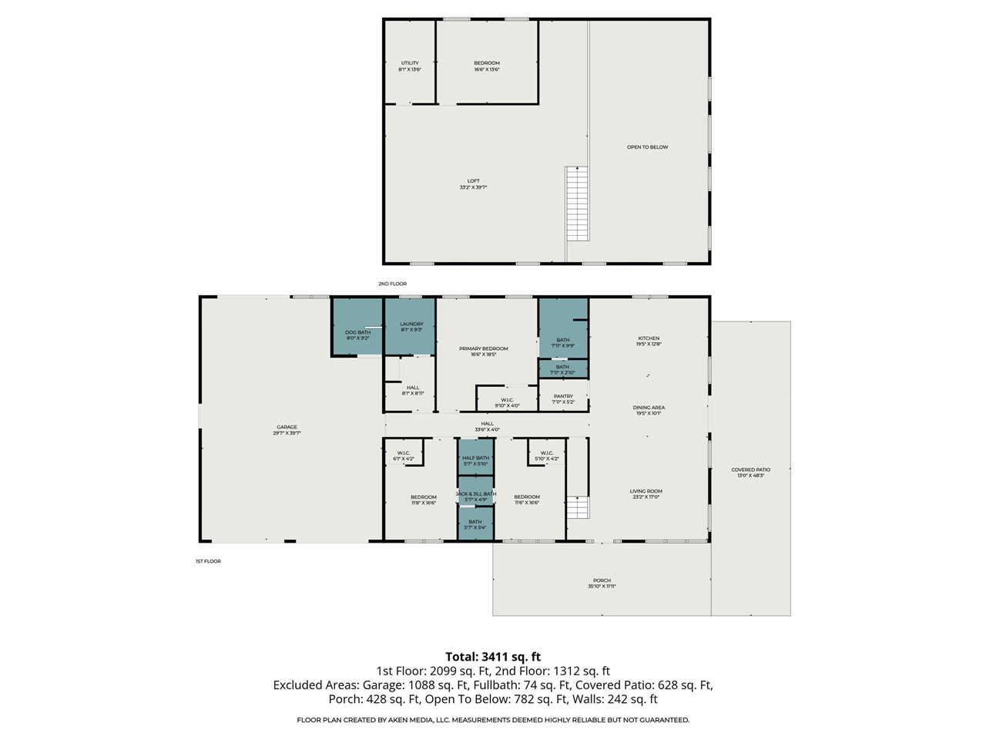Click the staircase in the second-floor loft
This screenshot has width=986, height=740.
(x=577, y=203)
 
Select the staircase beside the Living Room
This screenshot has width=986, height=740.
(x=578, y=508)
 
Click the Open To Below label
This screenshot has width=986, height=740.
(x=647, y=147)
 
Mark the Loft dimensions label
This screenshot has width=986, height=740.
(x=473, y=187)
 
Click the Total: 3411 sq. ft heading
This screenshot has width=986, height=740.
(x=493, y=658)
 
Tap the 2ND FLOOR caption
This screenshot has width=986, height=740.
(x=392, y=284)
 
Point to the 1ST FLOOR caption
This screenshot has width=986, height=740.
(x=208, y=562)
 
